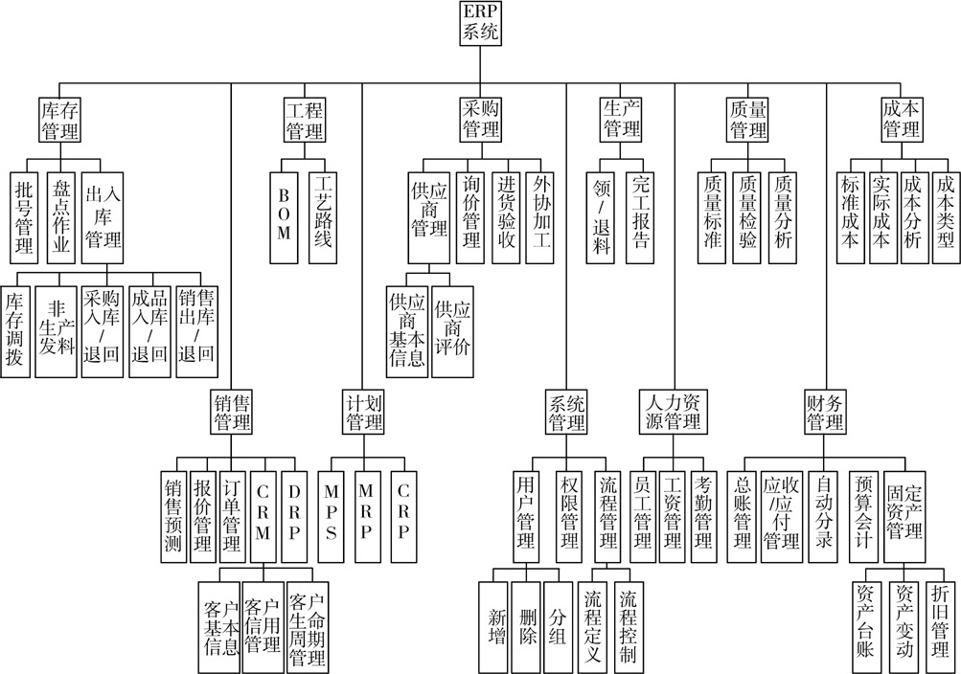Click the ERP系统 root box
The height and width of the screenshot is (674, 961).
click(480, 23)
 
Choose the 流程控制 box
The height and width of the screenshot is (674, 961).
click(629, 627)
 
